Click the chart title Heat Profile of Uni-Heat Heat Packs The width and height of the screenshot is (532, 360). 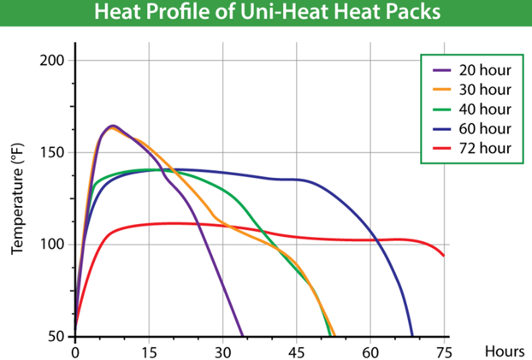(x=266, y=14)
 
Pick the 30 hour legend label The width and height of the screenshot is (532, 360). (x=485, y=90)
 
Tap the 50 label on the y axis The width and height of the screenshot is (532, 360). (x=56, y=336)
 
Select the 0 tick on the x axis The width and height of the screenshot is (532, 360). (x=75, y=351)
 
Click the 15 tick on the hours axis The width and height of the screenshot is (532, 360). (x=149, y=351)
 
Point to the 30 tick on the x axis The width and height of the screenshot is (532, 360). (x=222, y=351)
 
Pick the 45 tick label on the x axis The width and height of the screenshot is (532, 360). (x=296, y=351)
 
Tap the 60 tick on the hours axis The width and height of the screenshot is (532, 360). (x=369, y=351)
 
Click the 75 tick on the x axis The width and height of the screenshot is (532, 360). (x=443, y=351)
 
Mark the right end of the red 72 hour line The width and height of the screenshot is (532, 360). (x=443, y=255)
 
